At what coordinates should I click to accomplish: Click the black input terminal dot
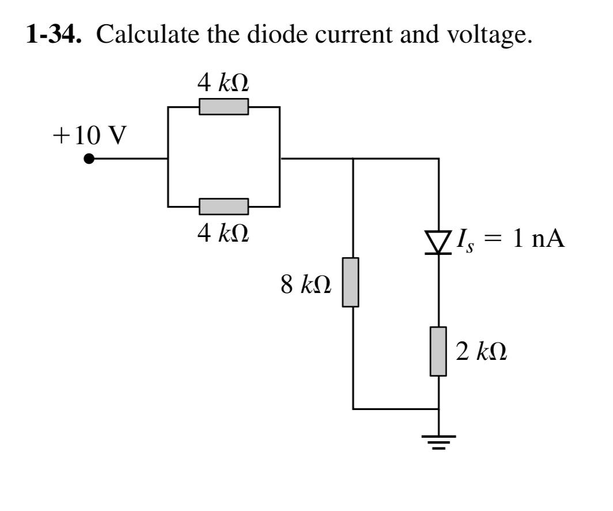(88, 159)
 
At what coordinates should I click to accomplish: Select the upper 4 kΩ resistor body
(224, 107)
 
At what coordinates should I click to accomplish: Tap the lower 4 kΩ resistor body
(224, 206)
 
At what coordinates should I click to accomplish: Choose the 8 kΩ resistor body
(351, 282)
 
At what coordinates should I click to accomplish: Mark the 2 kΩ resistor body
(439, 351)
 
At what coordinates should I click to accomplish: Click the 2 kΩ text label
(482, 352)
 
